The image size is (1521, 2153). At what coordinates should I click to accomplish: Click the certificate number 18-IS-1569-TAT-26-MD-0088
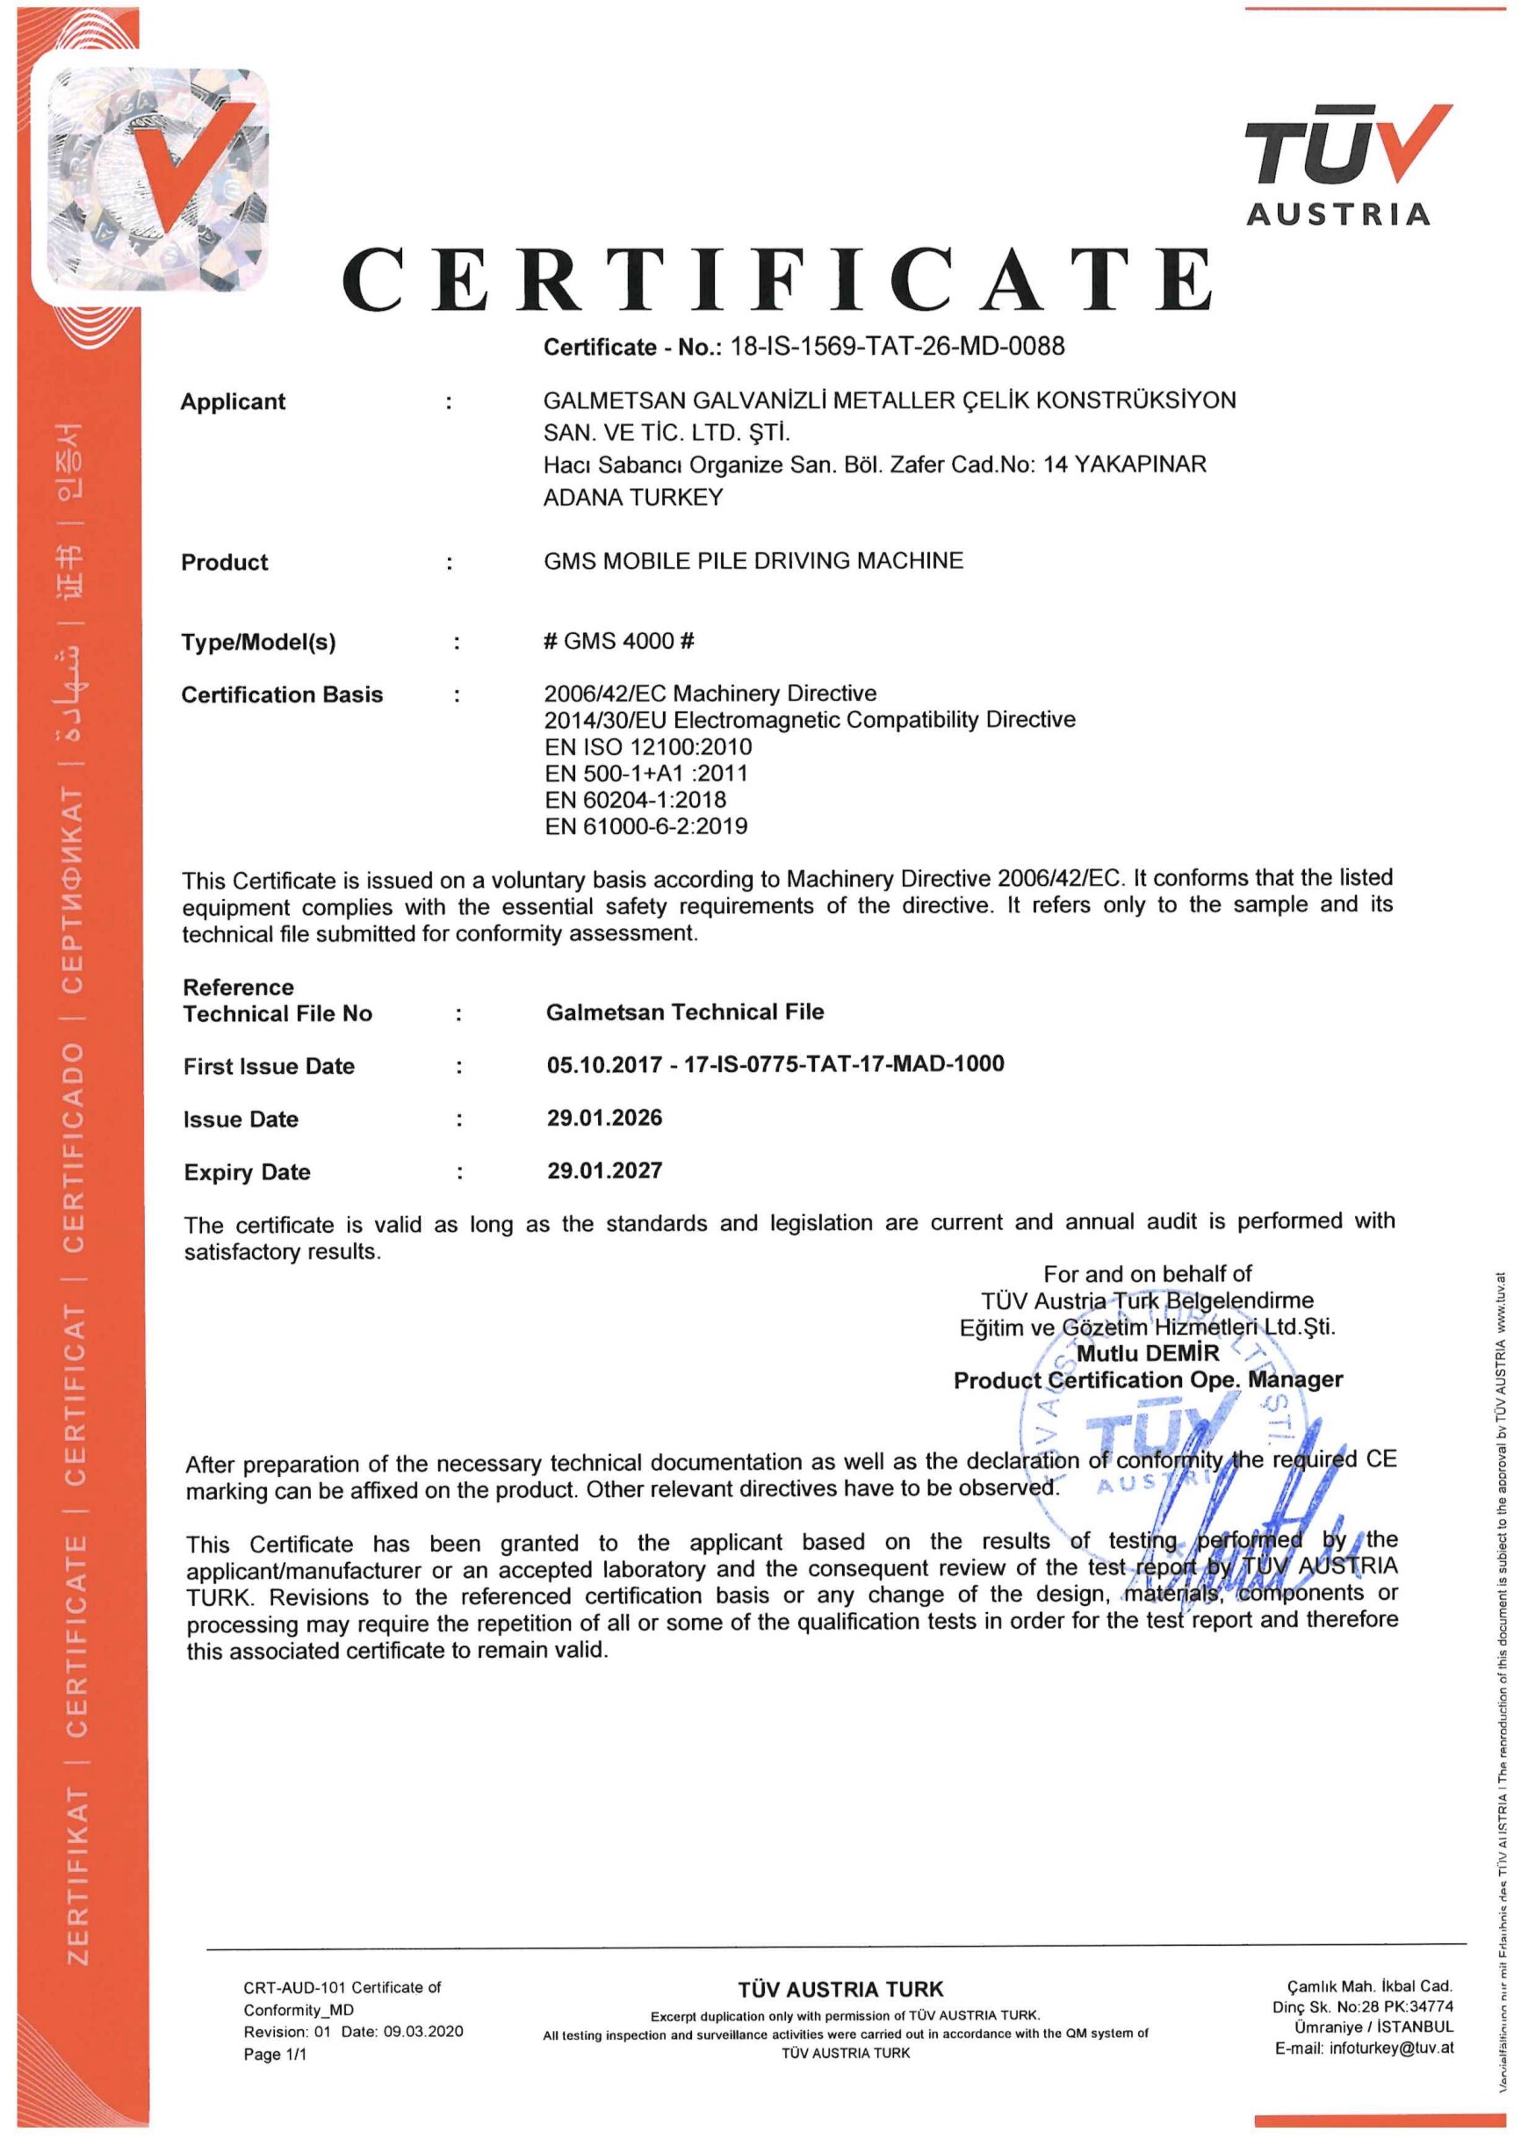pos(897,347)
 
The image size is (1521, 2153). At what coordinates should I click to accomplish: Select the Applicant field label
pos(233,401)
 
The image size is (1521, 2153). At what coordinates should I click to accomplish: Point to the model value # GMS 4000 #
pos(619,640)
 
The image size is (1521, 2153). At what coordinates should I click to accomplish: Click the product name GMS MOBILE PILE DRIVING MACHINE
pos(753,561)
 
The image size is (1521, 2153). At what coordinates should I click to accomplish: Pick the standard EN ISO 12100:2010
pos(648,746)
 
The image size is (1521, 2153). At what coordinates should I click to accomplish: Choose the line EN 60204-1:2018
pos(635,800)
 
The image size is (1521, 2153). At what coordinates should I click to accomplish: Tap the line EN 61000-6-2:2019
pos(646,826)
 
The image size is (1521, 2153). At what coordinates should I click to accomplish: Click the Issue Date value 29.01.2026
pos(605,1118)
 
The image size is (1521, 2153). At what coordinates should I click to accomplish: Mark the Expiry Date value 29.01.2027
pos(605,1170)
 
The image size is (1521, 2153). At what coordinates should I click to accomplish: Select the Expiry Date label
pos(247,1172)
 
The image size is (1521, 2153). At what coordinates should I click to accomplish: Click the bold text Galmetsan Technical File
pos(685,1012)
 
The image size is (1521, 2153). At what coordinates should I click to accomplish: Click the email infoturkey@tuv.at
pos(1364,2048)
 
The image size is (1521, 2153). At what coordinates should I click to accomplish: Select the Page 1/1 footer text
pos(275,2055)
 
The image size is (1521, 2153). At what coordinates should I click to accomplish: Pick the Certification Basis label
pos(282,695)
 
